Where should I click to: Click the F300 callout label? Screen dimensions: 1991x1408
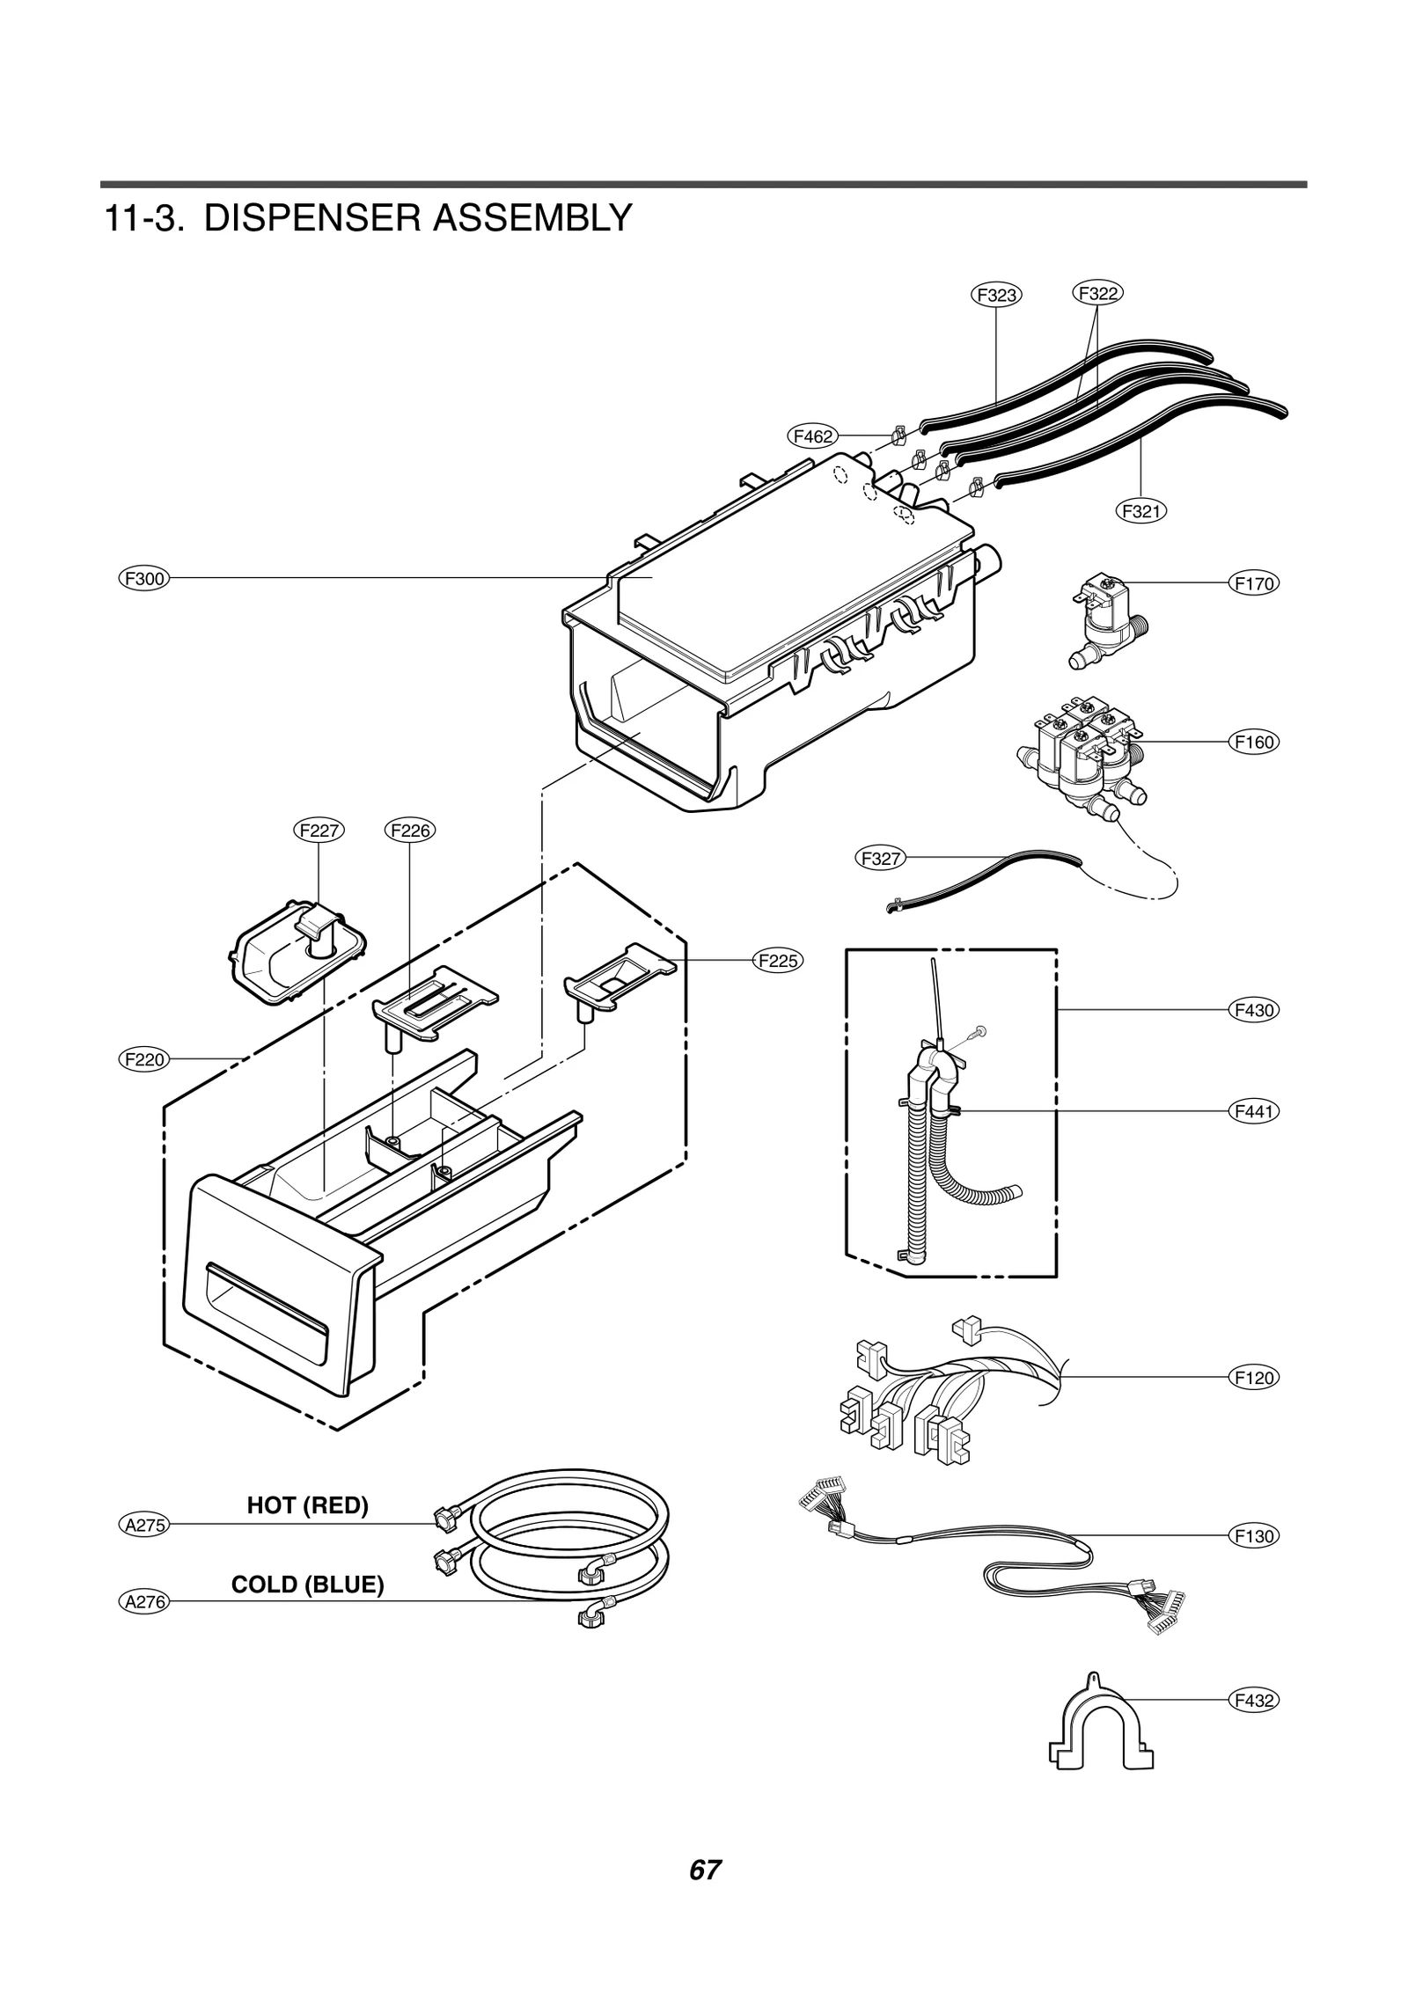point(143,578)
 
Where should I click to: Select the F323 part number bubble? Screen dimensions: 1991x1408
point(996,295)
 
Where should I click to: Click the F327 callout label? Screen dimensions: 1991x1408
point(880,858)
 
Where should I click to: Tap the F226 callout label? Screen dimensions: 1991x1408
point(411,830)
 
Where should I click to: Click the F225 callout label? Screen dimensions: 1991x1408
point(778,961)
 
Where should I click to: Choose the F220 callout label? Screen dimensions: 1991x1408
point(143,1059)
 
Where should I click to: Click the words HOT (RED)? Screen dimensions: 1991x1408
point(307,1504)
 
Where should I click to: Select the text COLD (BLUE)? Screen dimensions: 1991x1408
point(307,1585)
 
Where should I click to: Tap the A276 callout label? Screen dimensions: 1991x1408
point(143,1602)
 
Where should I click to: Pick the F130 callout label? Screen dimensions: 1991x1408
point(1253,1536)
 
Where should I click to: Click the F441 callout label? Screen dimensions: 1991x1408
point(1253,1111)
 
